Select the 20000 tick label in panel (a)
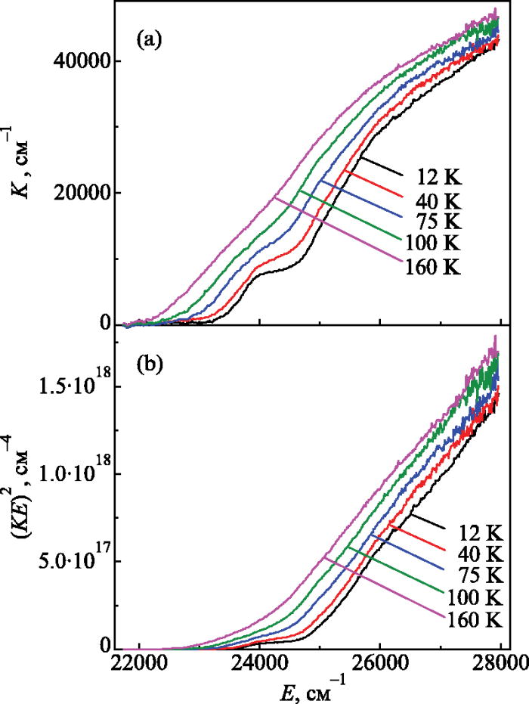click(81, 192)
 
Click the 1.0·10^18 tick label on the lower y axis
click(75, 473)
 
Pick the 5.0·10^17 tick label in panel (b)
click(75, 560)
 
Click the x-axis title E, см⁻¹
click(305, 689)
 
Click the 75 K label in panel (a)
click(437, 222)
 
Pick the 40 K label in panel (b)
click(479, 553)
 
